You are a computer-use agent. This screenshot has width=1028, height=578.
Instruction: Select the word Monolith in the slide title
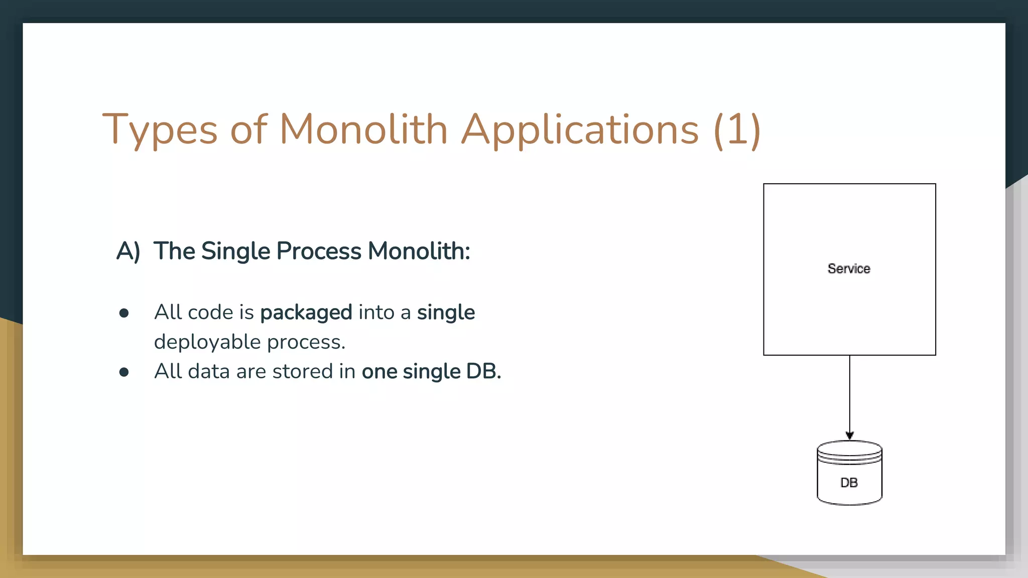[x=363, y=129]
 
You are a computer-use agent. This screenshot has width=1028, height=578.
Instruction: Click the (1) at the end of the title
[x=737, y=129]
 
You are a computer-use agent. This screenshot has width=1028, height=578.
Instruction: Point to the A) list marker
[x=128, y=251]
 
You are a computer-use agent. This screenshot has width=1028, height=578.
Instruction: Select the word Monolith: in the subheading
[x=419, y=251]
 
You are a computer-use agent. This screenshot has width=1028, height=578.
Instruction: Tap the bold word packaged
[x=306, y=313]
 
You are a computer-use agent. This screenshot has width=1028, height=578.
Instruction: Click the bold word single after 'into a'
[x=446, y=313]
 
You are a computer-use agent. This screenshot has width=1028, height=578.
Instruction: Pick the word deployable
[x=207, y=342]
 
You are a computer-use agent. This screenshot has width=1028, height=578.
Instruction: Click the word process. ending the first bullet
[x=306, y=342]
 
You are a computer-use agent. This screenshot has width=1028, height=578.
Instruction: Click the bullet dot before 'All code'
[x=124, y=314]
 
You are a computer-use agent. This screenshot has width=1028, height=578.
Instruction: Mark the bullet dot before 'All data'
[x=124, y=372]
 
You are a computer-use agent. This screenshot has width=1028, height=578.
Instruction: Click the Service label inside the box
[x=849, y=269]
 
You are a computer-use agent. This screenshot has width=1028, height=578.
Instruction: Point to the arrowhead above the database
[x=849, y=436]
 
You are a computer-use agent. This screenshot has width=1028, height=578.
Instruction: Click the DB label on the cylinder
[x=849, y=483]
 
